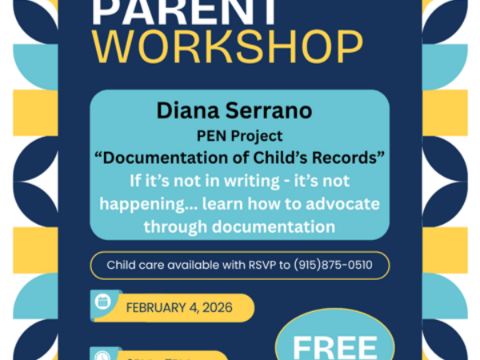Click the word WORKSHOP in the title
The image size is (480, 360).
[227, 47]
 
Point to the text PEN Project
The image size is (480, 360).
[239, 137]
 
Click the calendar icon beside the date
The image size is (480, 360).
[102, 302]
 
